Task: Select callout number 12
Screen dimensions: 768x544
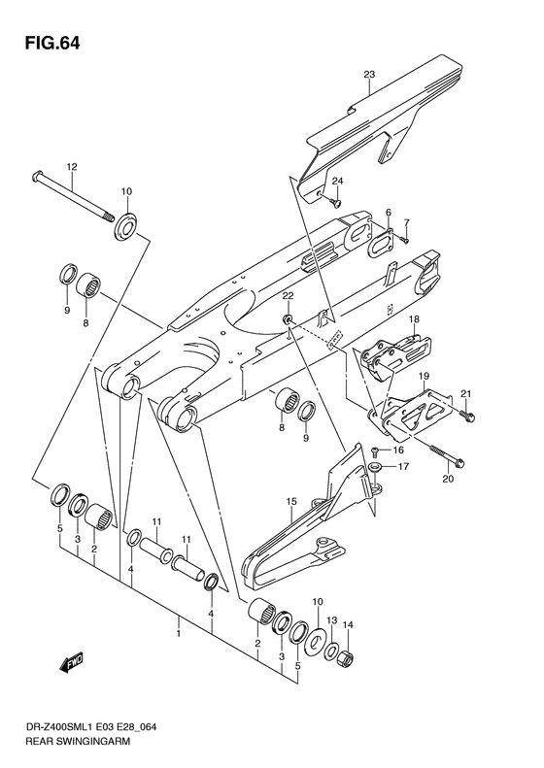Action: [71, 167]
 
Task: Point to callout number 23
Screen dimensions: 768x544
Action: [369, 75]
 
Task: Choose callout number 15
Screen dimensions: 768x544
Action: [289, 501]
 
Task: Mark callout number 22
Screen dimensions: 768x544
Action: [288, 294]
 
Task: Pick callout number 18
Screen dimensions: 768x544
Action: [414, 319]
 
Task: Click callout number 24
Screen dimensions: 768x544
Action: [338, 182]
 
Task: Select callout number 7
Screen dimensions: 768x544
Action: [407, 222]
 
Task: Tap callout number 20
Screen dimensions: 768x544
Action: [448, 478]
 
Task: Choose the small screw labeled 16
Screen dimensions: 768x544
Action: [375, 450]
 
